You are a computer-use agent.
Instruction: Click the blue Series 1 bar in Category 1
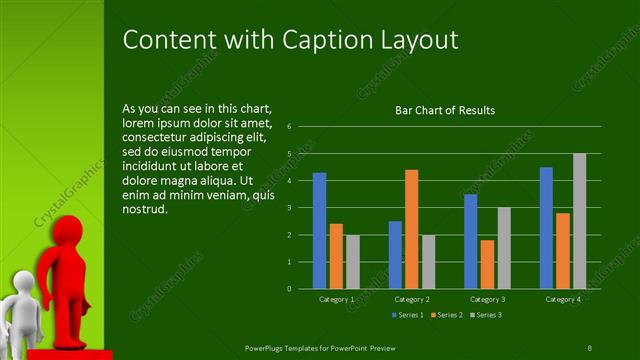point(319,230)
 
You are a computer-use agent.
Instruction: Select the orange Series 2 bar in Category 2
point(411,229)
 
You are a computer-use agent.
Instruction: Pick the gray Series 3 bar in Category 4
point(579,221)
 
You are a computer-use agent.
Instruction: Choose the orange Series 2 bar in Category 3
point(487,264)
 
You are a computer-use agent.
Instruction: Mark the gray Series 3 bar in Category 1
point(352,261)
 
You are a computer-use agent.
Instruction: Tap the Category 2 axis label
point(412,299)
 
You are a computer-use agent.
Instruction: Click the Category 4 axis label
point(563,299)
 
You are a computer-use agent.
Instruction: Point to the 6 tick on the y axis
point(288,127)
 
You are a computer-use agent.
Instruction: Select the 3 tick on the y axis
point(288,208)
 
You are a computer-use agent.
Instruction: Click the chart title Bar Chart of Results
point(445,110)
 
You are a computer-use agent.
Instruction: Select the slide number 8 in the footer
point(590,347)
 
